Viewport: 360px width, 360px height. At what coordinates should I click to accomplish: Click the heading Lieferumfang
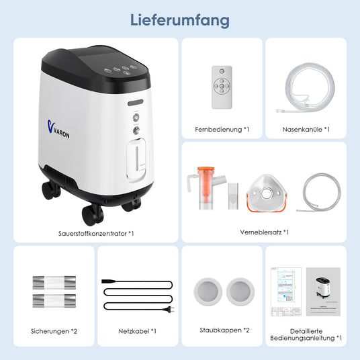point(179,19)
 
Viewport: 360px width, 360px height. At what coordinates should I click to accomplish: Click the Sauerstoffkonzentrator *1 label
point(96,233)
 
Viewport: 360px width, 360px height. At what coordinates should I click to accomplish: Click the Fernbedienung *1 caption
point(222,129)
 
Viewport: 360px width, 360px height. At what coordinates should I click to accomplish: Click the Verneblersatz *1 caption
point(263,232)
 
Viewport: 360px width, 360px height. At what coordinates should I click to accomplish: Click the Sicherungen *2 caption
point(54,330)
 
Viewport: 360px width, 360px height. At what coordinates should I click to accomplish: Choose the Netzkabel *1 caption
point(137,330)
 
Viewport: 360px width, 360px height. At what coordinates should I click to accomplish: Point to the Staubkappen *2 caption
point(224,330)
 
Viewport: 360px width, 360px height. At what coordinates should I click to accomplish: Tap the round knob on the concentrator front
point(136,131)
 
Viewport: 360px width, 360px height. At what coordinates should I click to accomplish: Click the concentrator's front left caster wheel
point(92,214)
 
